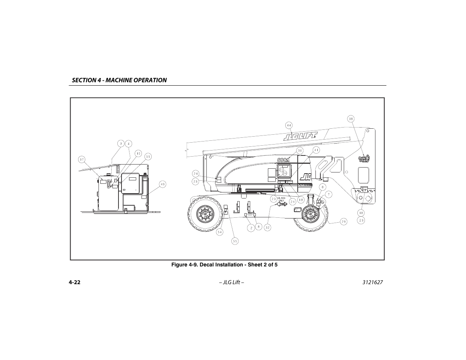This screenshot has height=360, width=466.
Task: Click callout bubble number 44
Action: coord(289,125)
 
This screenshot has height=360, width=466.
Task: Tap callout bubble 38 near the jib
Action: coord(351,118)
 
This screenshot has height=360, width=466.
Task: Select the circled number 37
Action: coord(82,159)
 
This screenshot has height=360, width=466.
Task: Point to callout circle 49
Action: coord(162,185)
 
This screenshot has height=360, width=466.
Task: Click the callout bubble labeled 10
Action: coord(138,154)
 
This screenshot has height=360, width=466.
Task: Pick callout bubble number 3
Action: coord(120,143)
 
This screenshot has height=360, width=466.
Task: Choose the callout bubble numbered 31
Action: coord(299,150)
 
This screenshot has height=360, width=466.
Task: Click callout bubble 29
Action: coord(343,222)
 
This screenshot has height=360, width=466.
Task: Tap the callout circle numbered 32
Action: coord(267,228)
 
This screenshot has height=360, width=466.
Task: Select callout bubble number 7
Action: coord(329,194)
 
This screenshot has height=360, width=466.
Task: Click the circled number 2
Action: coord(250,228)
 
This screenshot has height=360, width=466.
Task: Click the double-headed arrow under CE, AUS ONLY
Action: coord(281,204)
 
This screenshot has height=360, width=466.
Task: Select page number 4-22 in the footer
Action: coord(75,283)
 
